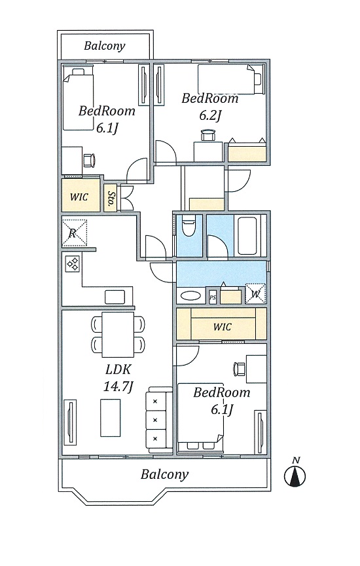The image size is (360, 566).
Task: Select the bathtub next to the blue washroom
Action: pos(247,236)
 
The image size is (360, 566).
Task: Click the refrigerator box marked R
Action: pos(75,233)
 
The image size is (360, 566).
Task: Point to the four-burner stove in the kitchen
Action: pos(73,263)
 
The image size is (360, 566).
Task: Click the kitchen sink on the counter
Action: pos(115,297)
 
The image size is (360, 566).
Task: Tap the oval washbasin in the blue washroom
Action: pos(190,296)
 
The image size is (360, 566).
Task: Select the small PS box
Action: pos(213,297)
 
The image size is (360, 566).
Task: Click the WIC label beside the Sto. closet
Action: pos(79,197)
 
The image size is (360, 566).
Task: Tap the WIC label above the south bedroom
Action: pos(222,327)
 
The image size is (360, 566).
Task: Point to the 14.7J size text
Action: pos(118,387)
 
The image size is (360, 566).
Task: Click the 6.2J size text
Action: pos(210,115)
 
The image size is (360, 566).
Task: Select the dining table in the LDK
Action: pos(118,334)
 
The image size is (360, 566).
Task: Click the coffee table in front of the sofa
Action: pos(111,418)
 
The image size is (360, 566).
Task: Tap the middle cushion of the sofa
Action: pos(156,420)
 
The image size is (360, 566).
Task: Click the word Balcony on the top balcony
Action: pos(105,46)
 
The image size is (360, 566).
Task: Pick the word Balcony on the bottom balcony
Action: pos(164,474)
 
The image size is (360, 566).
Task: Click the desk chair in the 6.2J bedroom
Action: pos(207,135)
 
